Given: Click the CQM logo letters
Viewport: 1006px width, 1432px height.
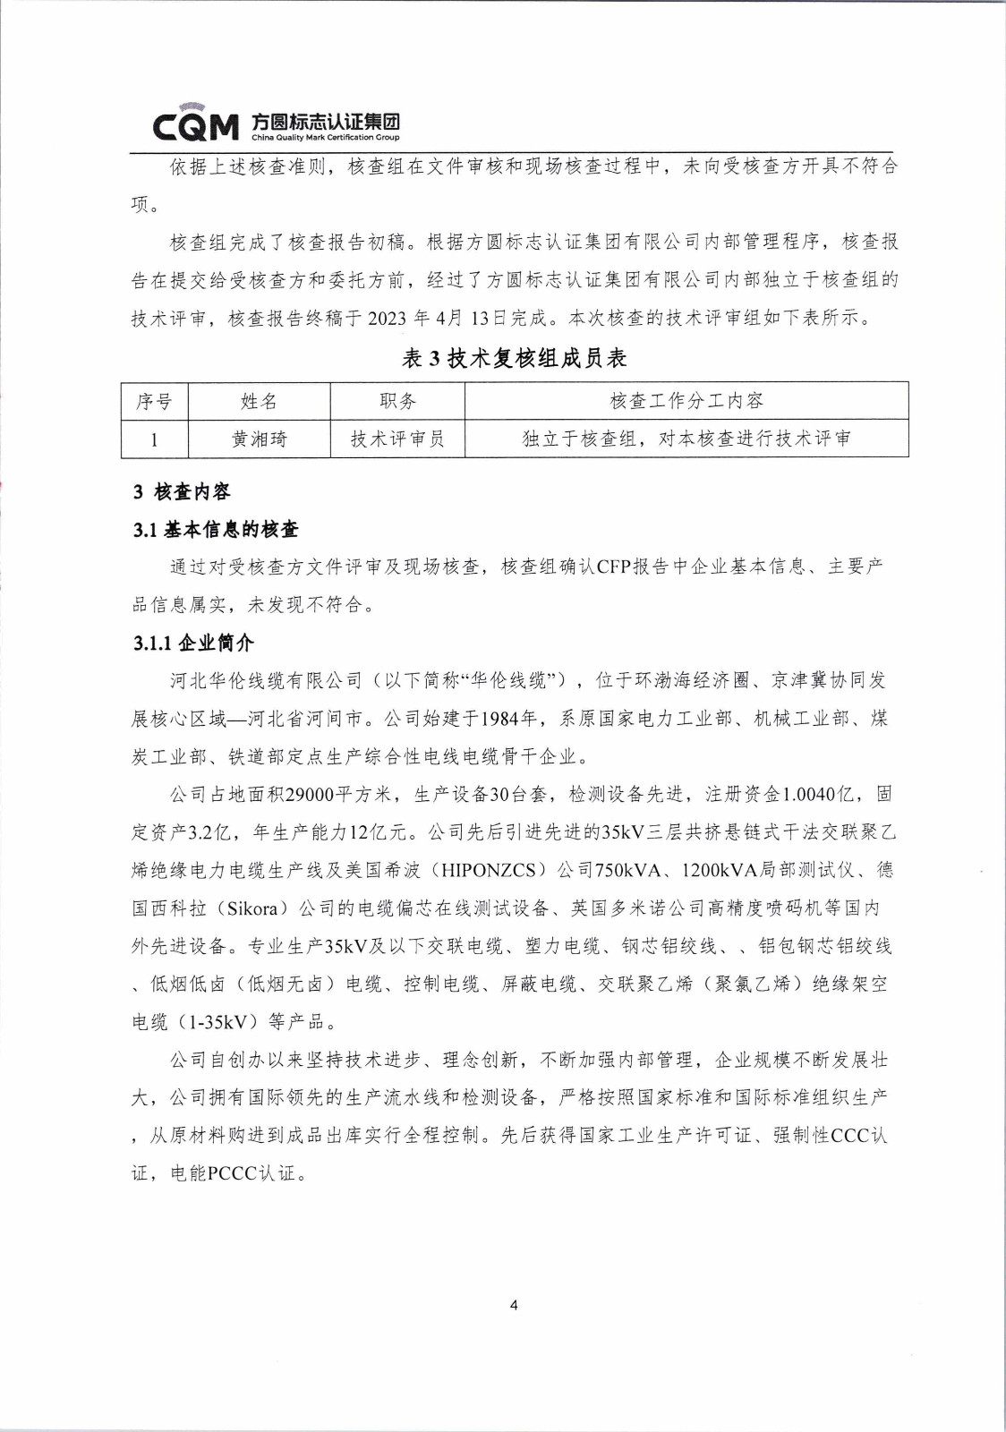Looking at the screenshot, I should (196, 126).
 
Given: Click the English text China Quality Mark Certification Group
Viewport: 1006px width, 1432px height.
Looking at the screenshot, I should (325, 138).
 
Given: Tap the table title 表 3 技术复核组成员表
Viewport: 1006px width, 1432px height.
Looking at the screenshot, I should (514, 359).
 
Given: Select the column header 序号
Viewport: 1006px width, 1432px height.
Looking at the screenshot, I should (154, 402).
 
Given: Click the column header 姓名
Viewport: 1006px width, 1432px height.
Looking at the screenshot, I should (259, 402).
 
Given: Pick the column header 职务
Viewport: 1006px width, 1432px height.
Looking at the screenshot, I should (397, 402).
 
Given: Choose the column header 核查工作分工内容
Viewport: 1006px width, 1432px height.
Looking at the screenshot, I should (686, 401).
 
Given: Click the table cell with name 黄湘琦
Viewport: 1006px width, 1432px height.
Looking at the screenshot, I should (259, 439).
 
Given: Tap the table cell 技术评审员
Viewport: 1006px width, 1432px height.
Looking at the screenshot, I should (397, 439).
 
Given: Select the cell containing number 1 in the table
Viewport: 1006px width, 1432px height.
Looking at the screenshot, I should (154, 439).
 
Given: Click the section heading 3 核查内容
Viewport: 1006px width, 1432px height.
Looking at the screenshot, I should (182, 491).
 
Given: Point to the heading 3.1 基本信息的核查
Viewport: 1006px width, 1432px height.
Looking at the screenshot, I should (216, 530).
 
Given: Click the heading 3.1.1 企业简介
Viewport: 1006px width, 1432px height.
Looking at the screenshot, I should (193, 643).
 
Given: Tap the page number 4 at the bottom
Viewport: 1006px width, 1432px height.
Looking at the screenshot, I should (514, 1305).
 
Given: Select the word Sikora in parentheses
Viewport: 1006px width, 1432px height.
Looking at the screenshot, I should (252, 908).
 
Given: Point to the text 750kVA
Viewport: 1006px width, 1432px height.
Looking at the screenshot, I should (633, 870).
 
